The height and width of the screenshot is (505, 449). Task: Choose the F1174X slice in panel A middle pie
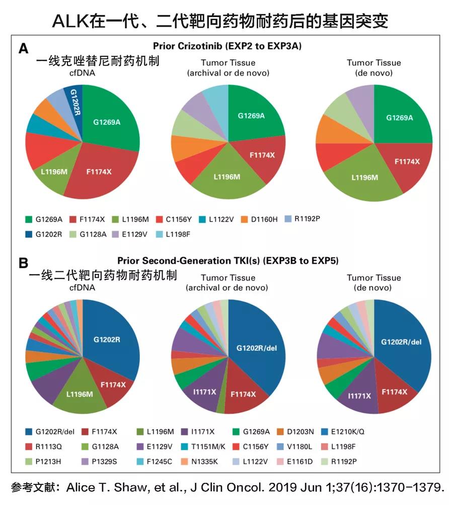[262, 155]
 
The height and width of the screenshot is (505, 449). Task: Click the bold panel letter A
[23, 49]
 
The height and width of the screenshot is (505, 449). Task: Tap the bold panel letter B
[23, 263]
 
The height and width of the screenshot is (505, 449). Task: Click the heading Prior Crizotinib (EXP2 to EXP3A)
[228, 46]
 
